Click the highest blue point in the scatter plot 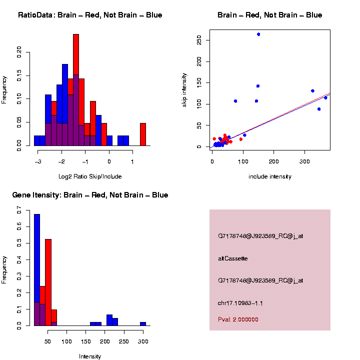pos(258,34)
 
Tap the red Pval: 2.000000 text pos(238,319)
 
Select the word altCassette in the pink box pos(233,258)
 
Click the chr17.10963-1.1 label pos(240,303)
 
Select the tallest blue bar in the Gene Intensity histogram pos(37,260)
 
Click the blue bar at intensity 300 pos(143,324)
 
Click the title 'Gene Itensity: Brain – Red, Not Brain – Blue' pos(90,195)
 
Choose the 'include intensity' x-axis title pos(270,176)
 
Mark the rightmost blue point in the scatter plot pos(325,98)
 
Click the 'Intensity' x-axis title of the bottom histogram pos(90,356)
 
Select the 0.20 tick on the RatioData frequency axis pos(19,52)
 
